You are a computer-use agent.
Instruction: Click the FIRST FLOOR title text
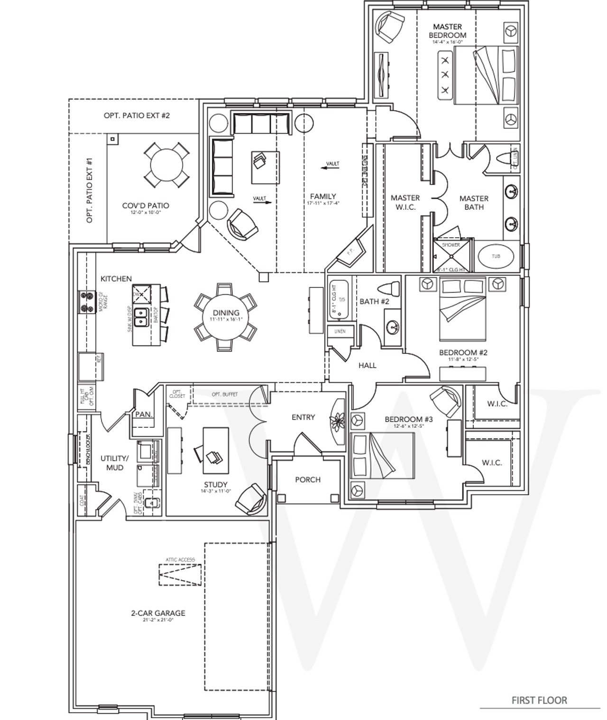(x=539, y=700)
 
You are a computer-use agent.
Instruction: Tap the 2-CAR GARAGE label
(x=158, y=613)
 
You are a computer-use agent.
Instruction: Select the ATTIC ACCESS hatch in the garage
(x=180, y=575)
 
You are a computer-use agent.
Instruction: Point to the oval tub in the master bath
(x=496, y=257)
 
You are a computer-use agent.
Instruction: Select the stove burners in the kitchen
(x=86, y=302)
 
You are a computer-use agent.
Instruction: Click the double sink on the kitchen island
(x=140, y=317)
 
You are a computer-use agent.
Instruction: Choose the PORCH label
(x=308, y=480)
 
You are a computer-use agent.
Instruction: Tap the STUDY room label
(x=216, y=485)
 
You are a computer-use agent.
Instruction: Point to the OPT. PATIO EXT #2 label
(x=137, y=115)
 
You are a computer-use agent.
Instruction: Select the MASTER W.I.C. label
(x=405, y=202)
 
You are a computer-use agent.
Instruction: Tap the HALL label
(x=368, y=365)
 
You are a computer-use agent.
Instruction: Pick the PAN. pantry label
(x=143, y=414)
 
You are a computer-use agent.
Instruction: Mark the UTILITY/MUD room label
(x=115, y=463)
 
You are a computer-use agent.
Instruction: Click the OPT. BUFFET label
(x=225, y=394)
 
